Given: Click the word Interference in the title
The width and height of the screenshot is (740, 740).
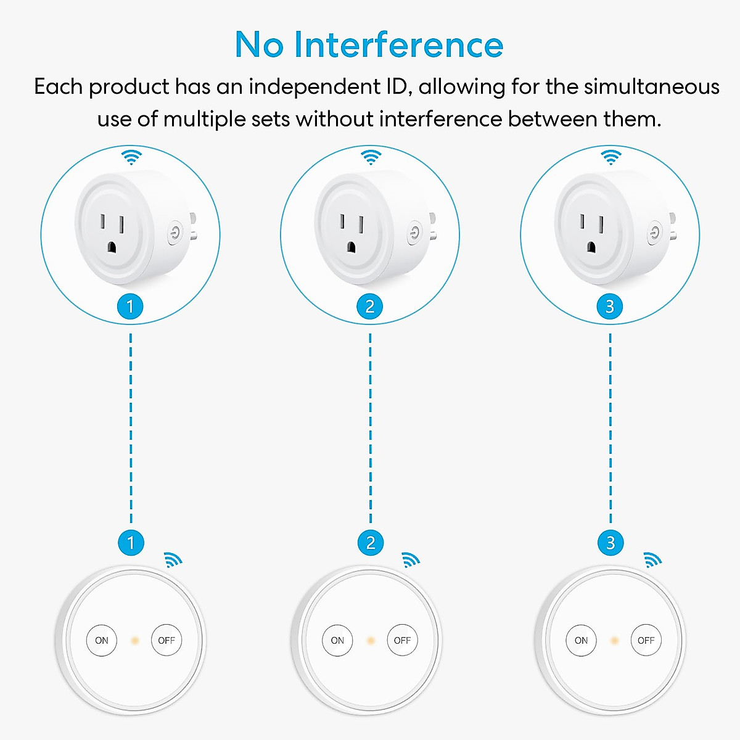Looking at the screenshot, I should coord(398,45).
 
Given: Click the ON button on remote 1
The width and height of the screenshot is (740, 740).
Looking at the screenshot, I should coord(102,640).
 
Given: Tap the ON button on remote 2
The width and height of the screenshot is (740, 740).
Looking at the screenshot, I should coord(337,640).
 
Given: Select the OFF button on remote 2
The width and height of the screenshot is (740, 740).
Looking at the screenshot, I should coord(402,640).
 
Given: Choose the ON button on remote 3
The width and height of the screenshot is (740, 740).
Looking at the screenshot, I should coord(581,640).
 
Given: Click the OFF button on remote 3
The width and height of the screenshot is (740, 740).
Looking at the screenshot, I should coord(646,640).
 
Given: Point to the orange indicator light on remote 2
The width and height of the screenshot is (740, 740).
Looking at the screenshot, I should coord(371,641).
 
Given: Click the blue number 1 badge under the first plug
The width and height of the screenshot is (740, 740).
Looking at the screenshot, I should coord(130,306).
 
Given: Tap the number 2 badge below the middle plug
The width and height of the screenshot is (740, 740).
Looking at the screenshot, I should coord(370,306).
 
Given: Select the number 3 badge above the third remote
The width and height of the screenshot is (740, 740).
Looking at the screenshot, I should coord(610,543).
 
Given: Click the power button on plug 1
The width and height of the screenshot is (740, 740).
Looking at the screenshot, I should coord(176,233).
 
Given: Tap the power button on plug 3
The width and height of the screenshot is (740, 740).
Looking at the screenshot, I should coord(654,233).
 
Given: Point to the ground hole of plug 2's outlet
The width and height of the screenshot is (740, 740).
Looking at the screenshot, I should coord(351,247).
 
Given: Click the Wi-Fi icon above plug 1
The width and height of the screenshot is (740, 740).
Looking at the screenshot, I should coord(131,157).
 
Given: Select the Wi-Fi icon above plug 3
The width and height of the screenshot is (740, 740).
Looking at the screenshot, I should coord(610,157).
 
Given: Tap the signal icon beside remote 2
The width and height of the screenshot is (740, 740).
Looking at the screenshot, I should coord(410,560).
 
